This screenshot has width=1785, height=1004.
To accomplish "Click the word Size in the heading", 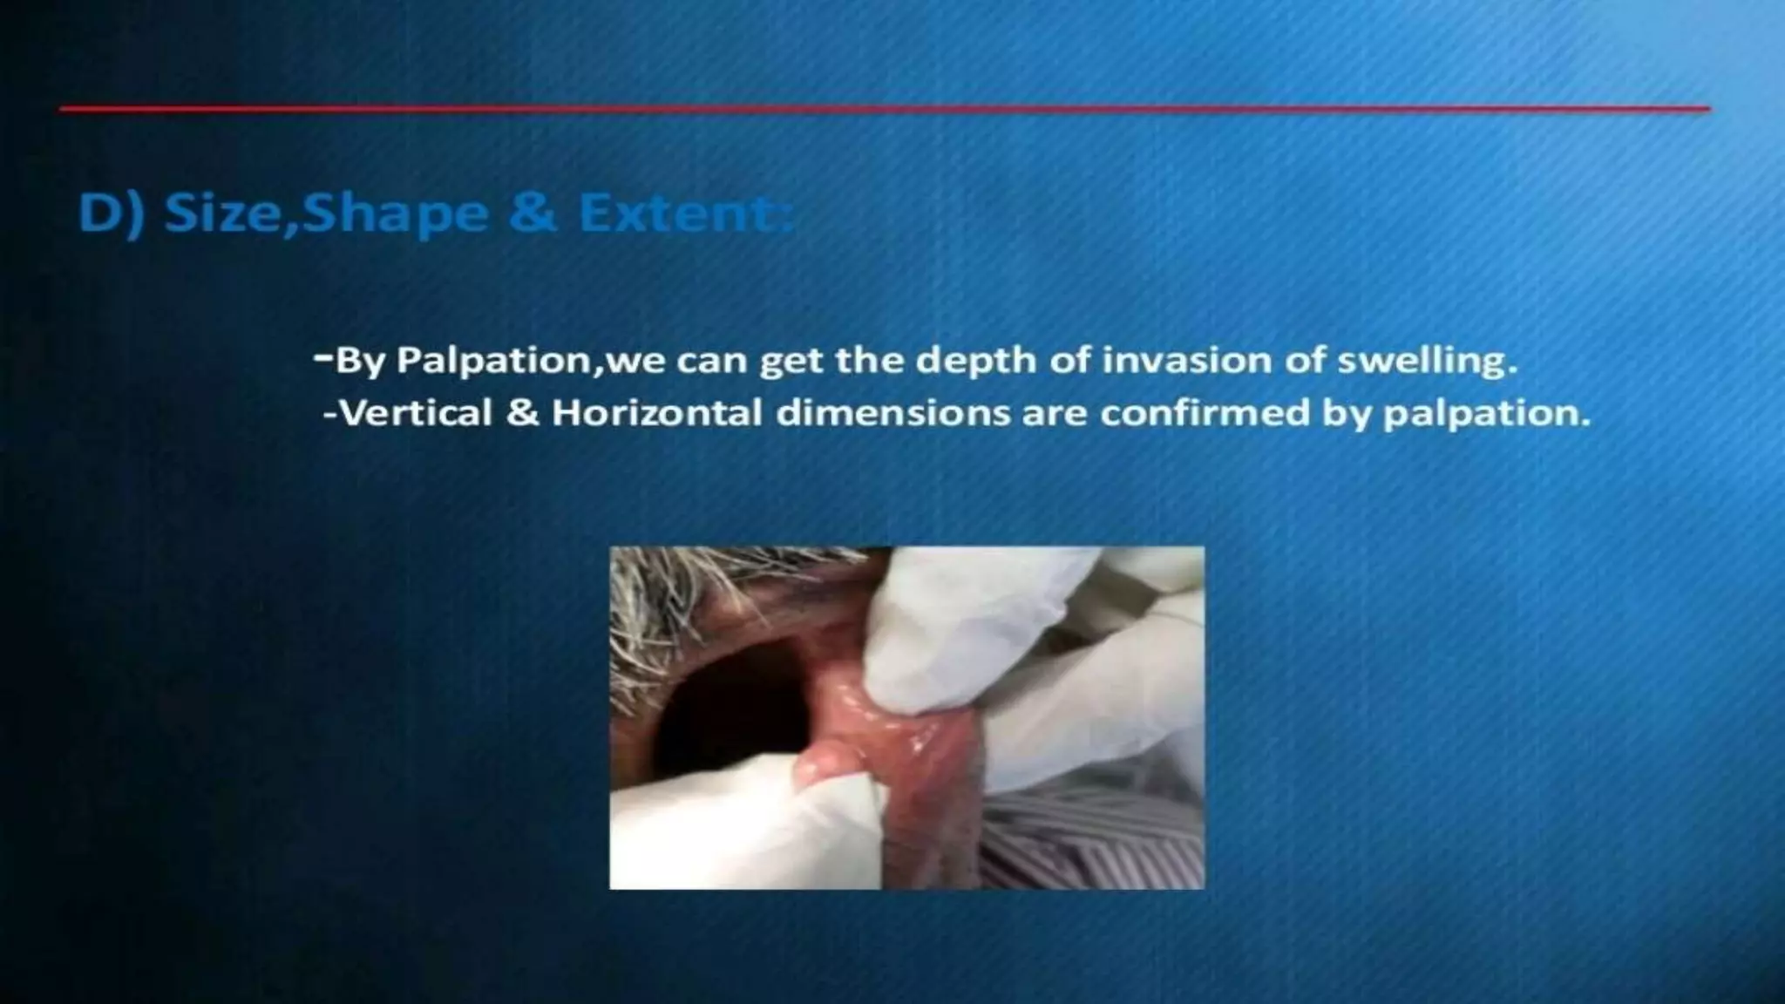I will coord(228,214).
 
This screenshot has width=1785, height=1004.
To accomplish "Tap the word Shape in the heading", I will coord(395,214).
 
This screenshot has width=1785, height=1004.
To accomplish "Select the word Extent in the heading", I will coord(686,214).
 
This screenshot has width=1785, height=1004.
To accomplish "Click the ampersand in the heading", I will coord(532,214).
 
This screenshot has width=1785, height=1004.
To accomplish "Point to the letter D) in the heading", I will coord(110,214).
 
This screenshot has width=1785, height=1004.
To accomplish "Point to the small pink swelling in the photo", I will coord(824,767).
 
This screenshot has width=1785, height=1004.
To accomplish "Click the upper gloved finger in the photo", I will coord(959,627).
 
